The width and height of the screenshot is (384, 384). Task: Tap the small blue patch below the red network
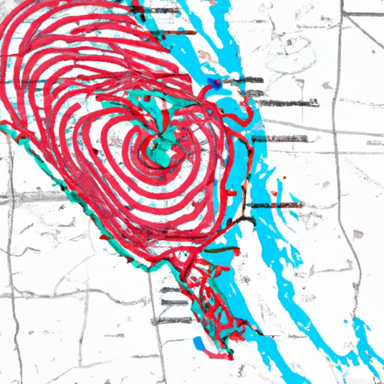click(x=200, y=343)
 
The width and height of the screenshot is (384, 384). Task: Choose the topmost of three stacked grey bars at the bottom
click(x=174, y=289)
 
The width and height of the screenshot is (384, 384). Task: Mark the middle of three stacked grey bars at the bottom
click(x=175, y=301)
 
